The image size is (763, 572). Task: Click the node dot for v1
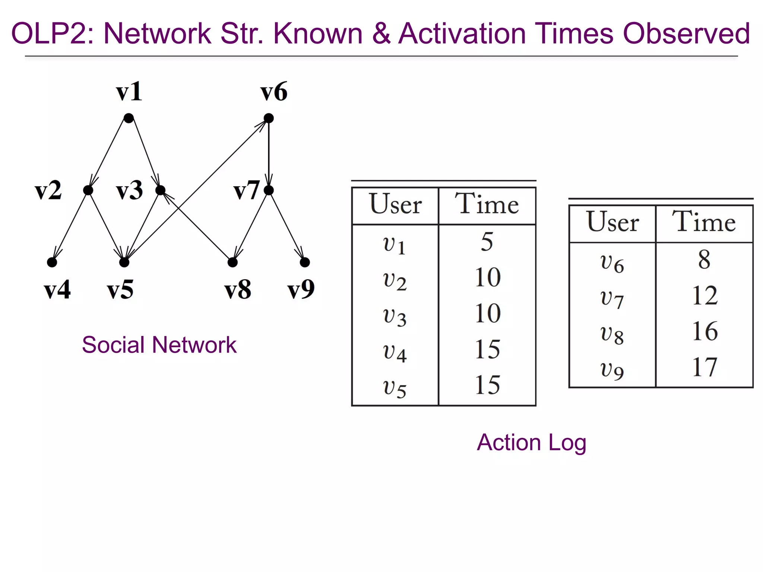tap(129, 118)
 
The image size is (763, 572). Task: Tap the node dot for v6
tap(269, 118)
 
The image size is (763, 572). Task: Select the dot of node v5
tap(124, 262)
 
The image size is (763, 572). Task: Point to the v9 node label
tap(301, 289)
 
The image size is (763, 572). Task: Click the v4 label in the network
tap(57, 289)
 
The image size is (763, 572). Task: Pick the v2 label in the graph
tap(48, 190)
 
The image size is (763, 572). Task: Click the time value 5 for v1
tap(487, 241)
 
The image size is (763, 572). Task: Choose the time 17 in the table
tap(704, 367)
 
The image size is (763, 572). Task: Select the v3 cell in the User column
tap(395, 317)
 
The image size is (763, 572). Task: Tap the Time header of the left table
tap(487, 204)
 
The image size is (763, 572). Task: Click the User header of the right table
tap(612, 222)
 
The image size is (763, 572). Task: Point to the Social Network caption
tap(159, 344)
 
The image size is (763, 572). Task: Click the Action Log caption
tap(532, 442)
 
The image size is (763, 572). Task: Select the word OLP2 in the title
tap(53, 34)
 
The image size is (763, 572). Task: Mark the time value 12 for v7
tap(704, 295)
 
